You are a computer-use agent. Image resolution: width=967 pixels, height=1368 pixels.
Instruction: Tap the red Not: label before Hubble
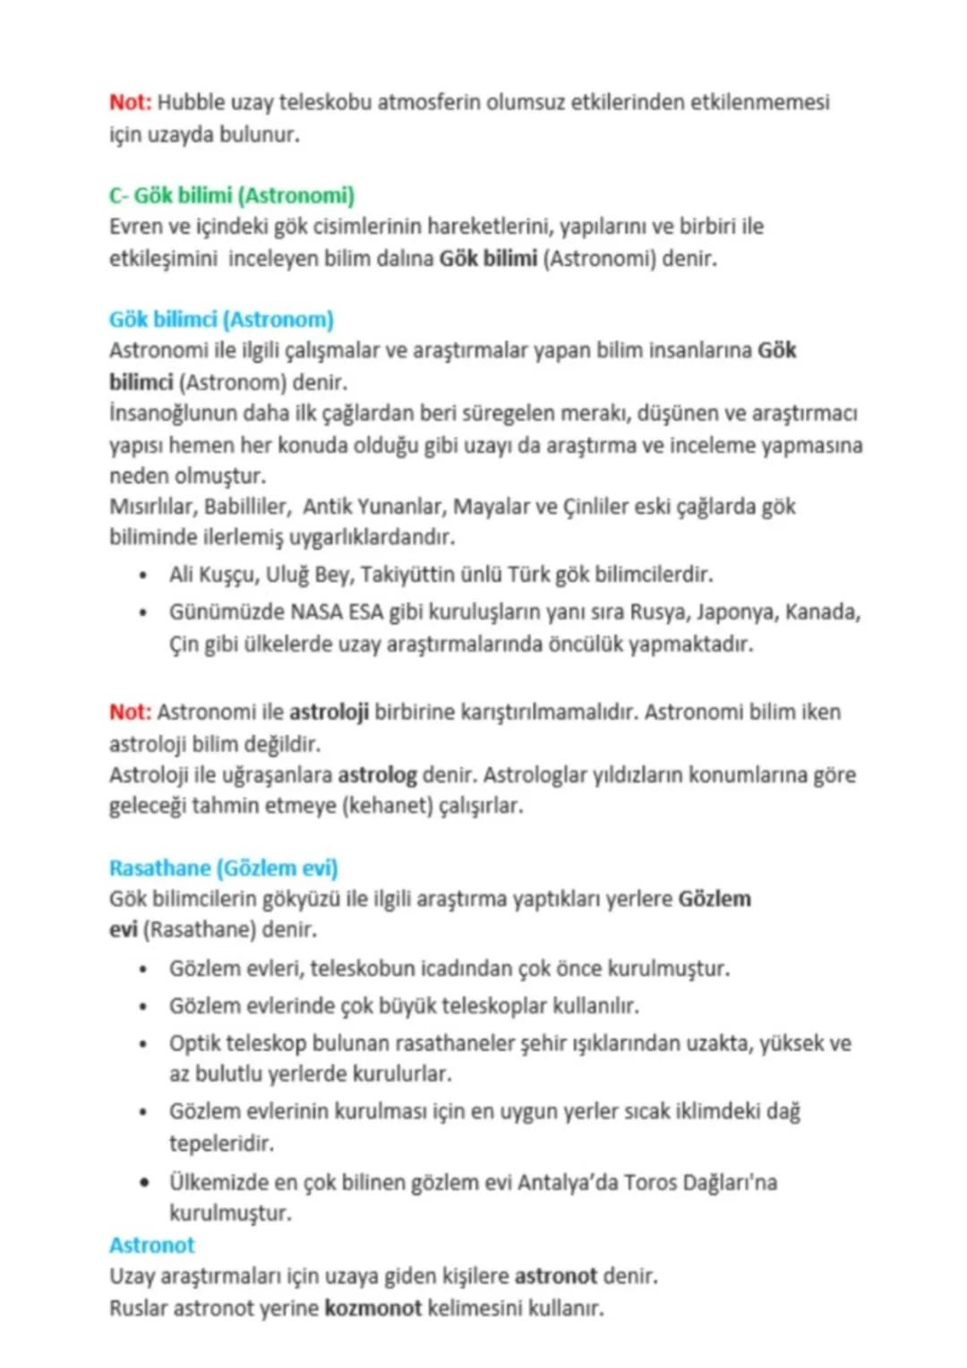130,102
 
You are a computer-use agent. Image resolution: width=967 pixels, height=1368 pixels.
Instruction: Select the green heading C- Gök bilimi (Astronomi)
231,195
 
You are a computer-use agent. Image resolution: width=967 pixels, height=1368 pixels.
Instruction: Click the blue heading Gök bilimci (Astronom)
220,320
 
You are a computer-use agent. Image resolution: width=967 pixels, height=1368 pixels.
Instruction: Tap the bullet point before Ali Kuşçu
143,575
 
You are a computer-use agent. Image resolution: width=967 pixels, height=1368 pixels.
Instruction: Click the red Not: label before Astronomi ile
130,713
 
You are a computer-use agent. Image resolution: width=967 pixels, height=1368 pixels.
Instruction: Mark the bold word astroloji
329,713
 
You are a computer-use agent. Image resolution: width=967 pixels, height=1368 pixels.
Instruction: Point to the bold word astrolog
377,774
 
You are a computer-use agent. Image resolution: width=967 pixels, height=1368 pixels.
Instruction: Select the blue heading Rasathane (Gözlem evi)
223,868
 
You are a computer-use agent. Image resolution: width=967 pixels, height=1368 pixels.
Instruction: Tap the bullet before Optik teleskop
143,1045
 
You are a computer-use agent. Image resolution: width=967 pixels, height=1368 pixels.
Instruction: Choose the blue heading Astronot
151,1245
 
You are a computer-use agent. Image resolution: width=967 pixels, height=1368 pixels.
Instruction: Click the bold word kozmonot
372,1308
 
